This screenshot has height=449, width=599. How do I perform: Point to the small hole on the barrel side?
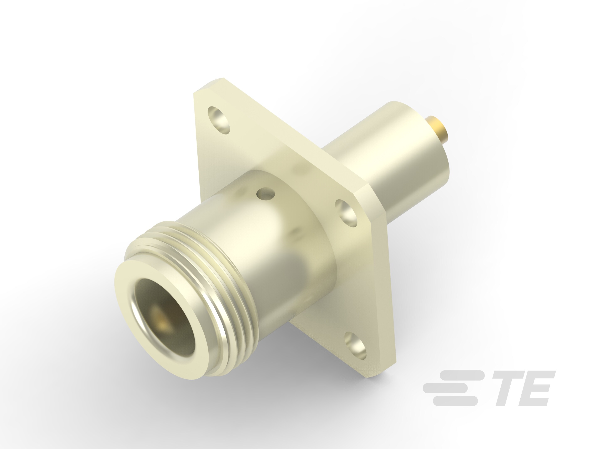coord(266,194)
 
